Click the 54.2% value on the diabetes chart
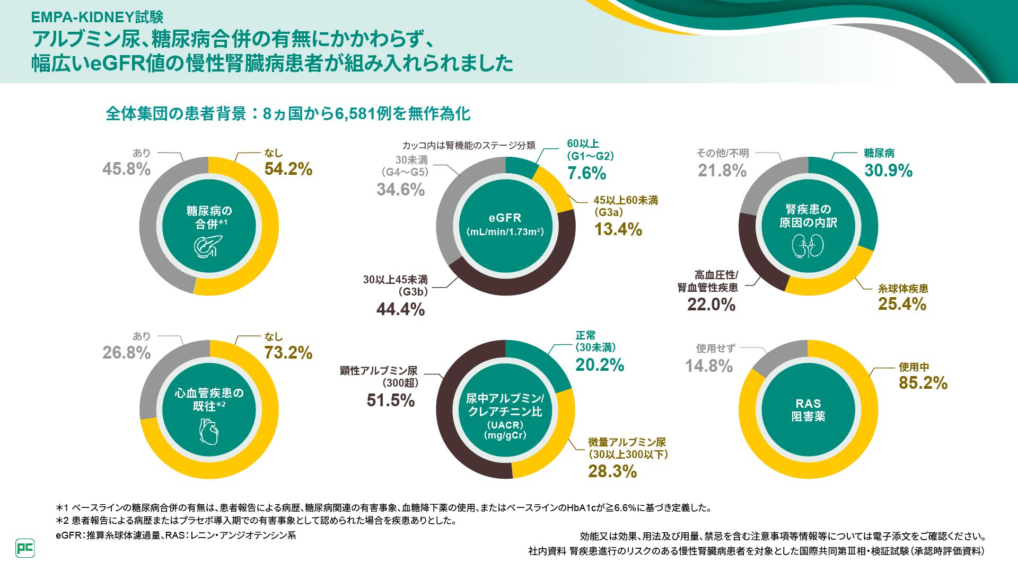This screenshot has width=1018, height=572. coord(288,169)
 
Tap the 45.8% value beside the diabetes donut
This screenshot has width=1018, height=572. coord(126,169)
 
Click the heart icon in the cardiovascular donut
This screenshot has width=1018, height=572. coord(209,431)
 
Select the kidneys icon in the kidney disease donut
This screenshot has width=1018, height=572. coord(808,246)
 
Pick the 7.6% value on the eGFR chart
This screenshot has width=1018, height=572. coord(586,173)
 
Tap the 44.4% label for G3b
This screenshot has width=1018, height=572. coord(400,309)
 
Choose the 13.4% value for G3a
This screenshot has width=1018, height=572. coord(618,229)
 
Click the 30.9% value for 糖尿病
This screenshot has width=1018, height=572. coord(888,171)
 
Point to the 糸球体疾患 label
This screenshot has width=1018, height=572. coord(903,289)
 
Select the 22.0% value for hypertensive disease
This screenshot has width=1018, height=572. coord(711,305)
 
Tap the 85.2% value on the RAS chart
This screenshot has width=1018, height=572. coord(923,383)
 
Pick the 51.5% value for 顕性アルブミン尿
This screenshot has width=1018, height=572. coord(390,400)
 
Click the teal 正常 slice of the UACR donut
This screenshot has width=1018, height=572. coord(541,360)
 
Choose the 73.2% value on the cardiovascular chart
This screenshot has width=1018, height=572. coord(288,353)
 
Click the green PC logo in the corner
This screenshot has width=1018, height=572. coord(25,548)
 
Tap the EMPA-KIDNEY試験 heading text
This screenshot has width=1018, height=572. coord(97,17)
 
